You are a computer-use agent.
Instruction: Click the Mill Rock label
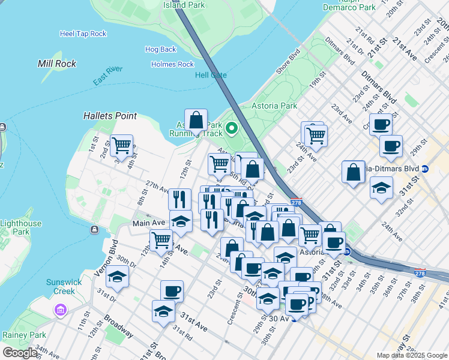tap(57, 63)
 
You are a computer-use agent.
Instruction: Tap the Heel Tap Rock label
tap(83, 34)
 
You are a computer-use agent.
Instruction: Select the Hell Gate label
tap(211, 75)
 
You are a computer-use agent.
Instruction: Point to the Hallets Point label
tap(110, 116)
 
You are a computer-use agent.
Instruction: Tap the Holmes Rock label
tap(172, 64)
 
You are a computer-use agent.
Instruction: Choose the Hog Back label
tap(160, 49)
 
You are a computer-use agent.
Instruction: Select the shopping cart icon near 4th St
tap(122, 145)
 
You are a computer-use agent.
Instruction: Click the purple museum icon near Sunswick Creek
tap(60, 310)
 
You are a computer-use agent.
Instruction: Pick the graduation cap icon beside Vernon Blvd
tap(118, 277)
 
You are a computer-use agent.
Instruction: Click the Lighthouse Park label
tap(21, 227)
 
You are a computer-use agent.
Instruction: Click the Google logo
tap(20, 353)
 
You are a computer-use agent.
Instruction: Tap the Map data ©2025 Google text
tap(412, 355)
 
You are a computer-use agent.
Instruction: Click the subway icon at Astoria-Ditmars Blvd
tap(425, 169)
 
